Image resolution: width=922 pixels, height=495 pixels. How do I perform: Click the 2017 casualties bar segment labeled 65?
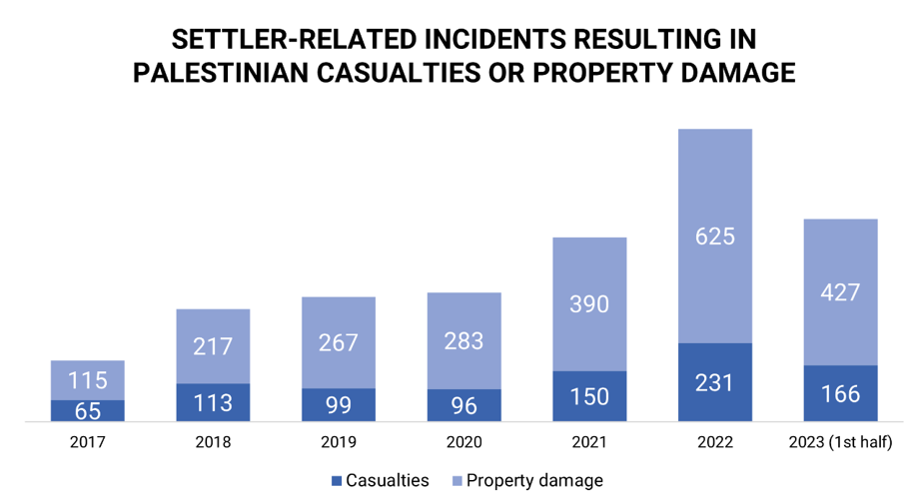[88, 411]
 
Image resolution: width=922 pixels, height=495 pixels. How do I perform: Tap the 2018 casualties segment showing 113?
[213, 403]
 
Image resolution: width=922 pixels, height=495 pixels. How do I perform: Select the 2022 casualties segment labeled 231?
[715, 382]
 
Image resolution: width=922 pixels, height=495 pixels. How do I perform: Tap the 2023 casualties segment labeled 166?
[841, 394]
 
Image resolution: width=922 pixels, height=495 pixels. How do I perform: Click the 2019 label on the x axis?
[339, 442]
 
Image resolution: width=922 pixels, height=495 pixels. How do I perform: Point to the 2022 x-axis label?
[715, 442]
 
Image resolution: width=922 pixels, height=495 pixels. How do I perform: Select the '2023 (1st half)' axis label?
[841, 442]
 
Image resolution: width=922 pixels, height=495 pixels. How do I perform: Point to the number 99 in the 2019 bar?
[339, 405]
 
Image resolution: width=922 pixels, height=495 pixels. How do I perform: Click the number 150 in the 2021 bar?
[589, 397]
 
